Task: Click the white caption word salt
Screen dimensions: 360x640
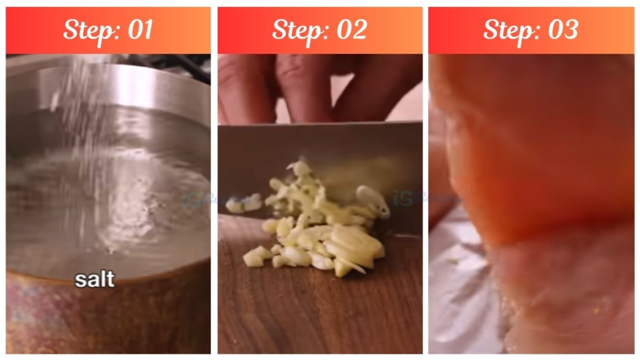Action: click(x=95, y=279)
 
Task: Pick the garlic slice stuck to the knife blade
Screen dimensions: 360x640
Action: click(x=372, y=199)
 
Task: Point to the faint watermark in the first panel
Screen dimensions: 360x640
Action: click(x=194, y=200)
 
